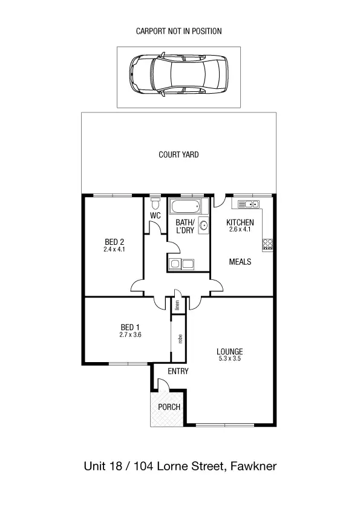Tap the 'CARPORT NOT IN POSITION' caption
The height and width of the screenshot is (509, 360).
pyautogui.click(x=179, y=30)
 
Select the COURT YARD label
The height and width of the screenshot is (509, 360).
pyautogui.click(x=178, y=155)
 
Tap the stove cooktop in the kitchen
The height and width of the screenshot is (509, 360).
pyautogui.click(x=267, y=244)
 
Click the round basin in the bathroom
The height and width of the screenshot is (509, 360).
pyautogui.click(x=204, y=227)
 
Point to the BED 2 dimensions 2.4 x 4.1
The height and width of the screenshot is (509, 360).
pyautogui.click(x=114, y=248)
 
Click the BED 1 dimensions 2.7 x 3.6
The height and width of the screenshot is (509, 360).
pyautogui.click(x=130, y=335)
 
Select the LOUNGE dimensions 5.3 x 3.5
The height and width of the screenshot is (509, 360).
pyautogui.click(x=230, y=359)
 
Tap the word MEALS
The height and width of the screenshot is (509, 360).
pyautogui.click(x=240, y=262)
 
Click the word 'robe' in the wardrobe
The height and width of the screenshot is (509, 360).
pyautogui.click(x=180, y=339)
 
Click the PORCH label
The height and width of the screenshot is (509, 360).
pyautogui.click(x=169, y=407)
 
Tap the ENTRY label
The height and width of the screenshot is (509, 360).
pyautogui.click(x=178, y=371)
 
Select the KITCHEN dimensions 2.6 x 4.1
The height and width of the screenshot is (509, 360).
pyautogui.click(x=240, y=230)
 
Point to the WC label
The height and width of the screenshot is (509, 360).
pyautogui.click(x=155, y=216)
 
